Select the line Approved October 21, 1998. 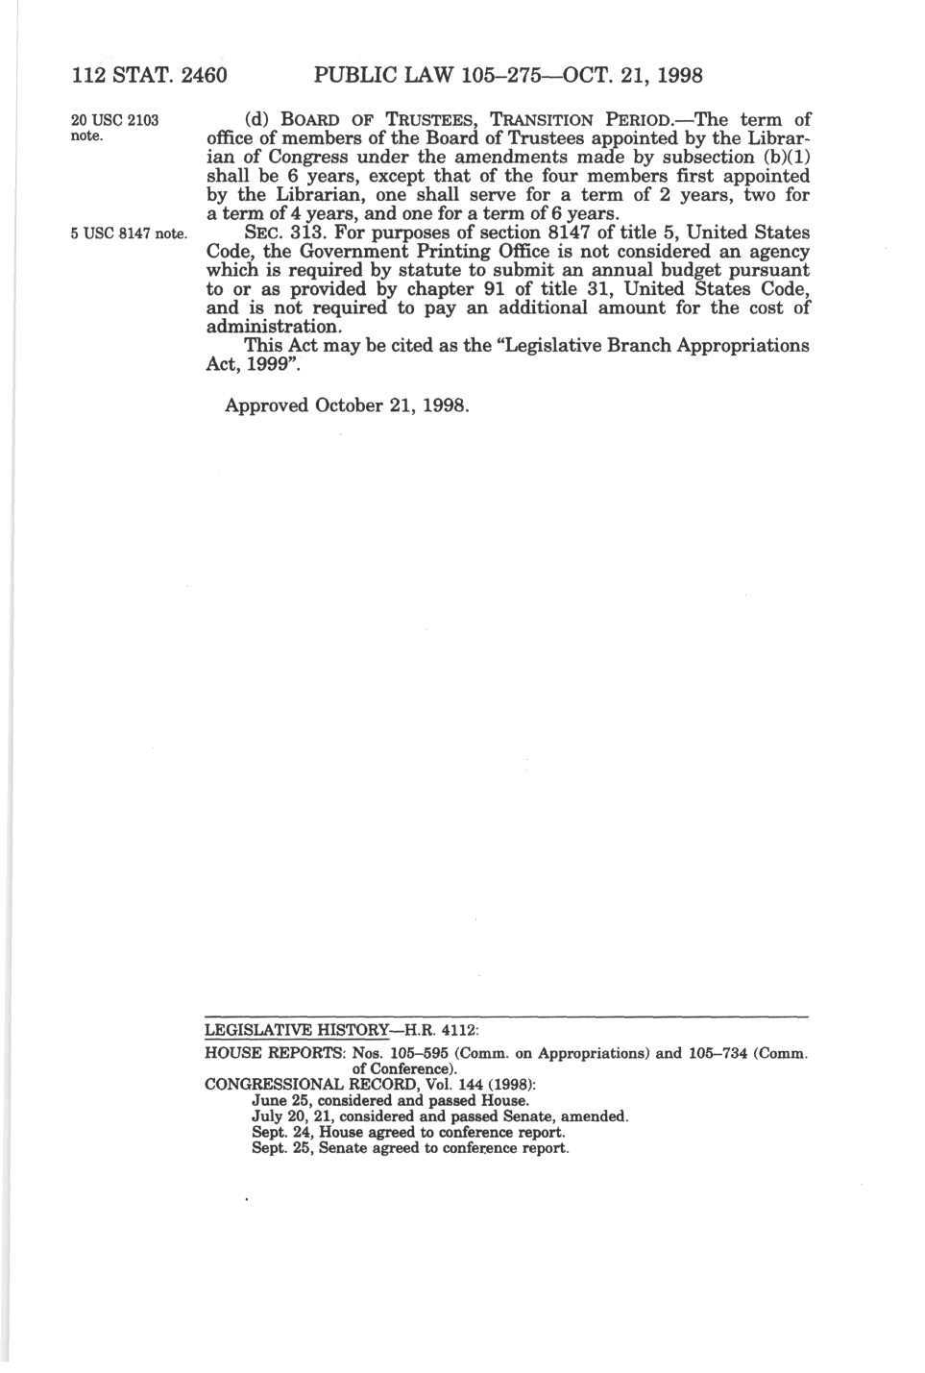pos(348,405)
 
